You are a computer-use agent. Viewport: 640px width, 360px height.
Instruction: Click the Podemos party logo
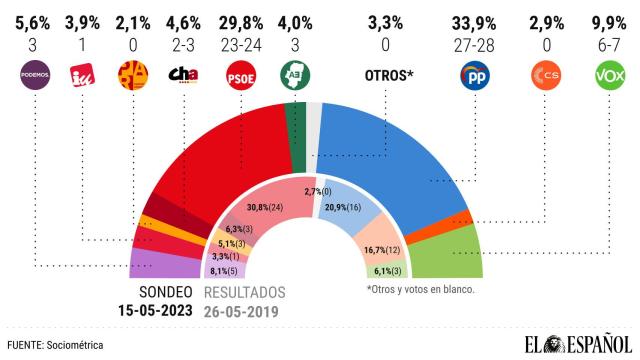coord(35,75)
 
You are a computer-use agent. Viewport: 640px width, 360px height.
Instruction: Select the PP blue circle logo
coord(472,75)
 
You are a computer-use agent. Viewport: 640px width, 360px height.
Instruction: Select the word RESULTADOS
coord(245,293)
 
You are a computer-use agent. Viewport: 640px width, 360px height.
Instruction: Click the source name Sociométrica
coord(76,344)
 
